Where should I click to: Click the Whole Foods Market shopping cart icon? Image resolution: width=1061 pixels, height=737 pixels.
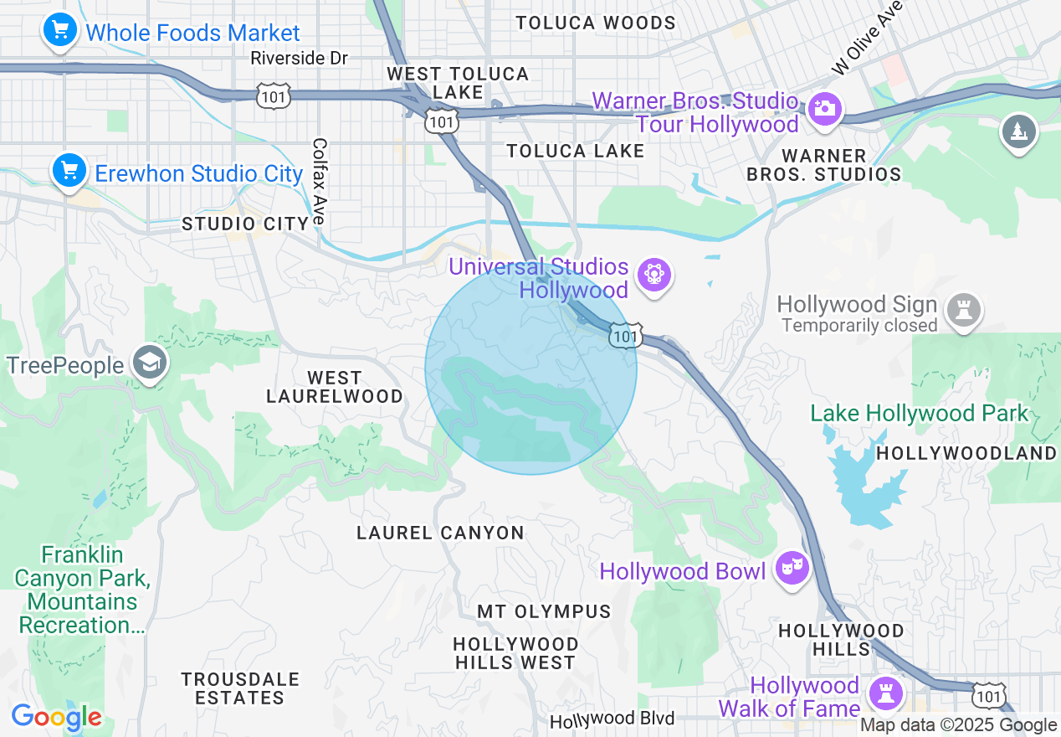59,32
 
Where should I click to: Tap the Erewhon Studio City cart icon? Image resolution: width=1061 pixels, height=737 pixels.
69,172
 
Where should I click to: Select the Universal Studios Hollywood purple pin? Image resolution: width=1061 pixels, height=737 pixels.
654,275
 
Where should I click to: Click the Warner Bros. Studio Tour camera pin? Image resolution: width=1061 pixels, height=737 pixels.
824,109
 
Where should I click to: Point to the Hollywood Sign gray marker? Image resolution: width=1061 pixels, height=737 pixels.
963,310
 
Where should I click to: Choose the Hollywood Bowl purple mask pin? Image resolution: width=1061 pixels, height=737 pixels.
792,569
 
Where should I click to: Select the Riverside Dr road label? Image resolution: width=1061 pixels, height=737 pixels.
299,59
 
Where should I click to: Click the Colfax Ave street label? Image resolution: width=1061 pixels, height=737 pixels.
319,181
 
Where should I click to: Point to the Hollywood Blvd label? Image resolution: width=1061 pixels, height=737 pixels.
613,719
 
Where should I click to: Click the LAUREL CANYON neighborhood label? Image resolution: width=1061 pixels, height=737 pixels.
440,533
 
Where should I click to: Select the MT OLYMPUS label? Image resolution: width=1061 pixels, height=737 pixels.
544,612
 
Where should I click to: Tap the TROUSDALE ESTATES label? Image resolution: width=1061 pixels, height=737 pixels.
239,688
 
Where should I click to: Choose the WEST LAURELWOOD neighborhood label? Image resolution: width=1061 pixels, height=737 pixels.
334,387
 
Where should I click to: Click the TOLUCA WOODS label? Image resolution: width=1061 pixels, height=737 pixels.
595,23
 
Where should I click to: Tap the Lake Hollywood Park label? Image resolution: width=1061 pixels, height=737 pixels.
919,414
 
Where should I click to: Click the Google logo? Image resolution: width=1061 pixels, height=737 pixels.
56,718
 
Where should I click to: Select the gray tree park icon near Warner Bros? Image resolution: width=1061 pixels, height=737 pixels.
1018,131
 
